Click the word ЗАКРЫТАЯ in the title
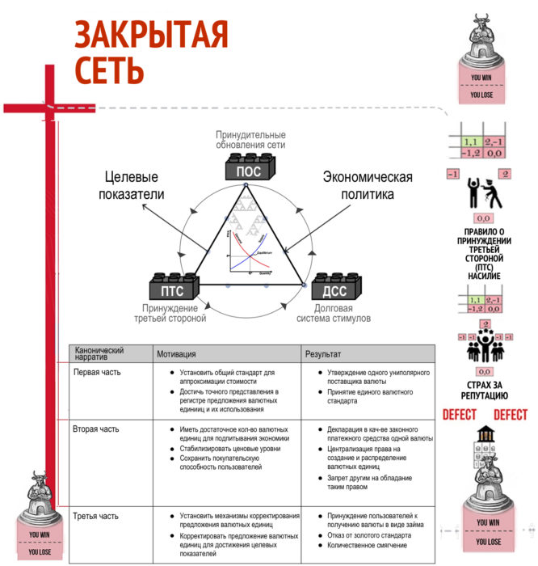(x=152, y=35)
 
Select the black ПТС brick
(x=171, y=288)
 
